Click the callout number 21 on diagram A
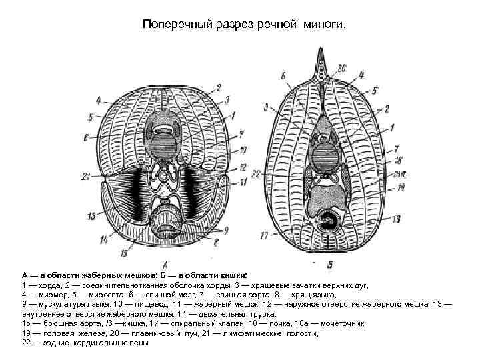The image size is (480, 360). (x=85, y=176)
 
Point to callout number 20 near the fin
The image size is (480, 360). (x=342, y=67)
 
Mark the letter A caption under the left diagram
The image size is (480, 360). (x=164, y=265)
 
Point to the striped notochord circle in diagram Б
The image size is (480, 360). (x=327, y=161)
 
